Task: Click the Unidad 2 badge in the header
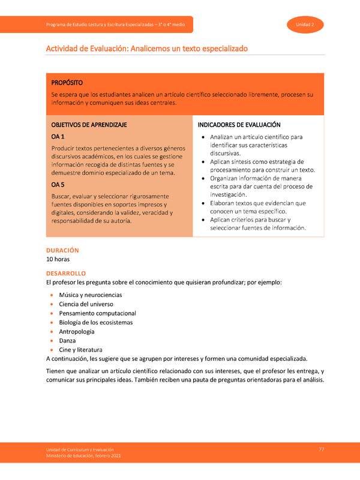[x=306, y=24]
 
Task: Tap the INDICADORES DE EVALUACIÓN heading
[x=239, y=125]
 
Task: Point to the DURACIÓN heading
[x=62, y=250]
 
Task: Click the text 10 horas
[x=58, y=259]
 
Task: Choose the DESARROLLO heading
[x=66, y=273]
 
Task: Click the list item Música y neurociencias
[x=90, y=295]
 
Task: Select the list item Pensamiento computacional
[x=97, y=313]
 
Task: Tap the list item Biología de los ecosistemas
[x=95, y=322]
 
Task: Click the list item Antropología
[x=77, y=331]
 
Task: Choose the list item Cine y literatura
[x=80, y=349]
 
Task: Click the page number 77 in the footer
[x=322, y=450]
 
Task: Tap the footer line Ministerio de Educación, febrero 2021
[x=83, y=457]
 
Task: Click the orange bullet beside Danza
[x=52, y=340]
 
